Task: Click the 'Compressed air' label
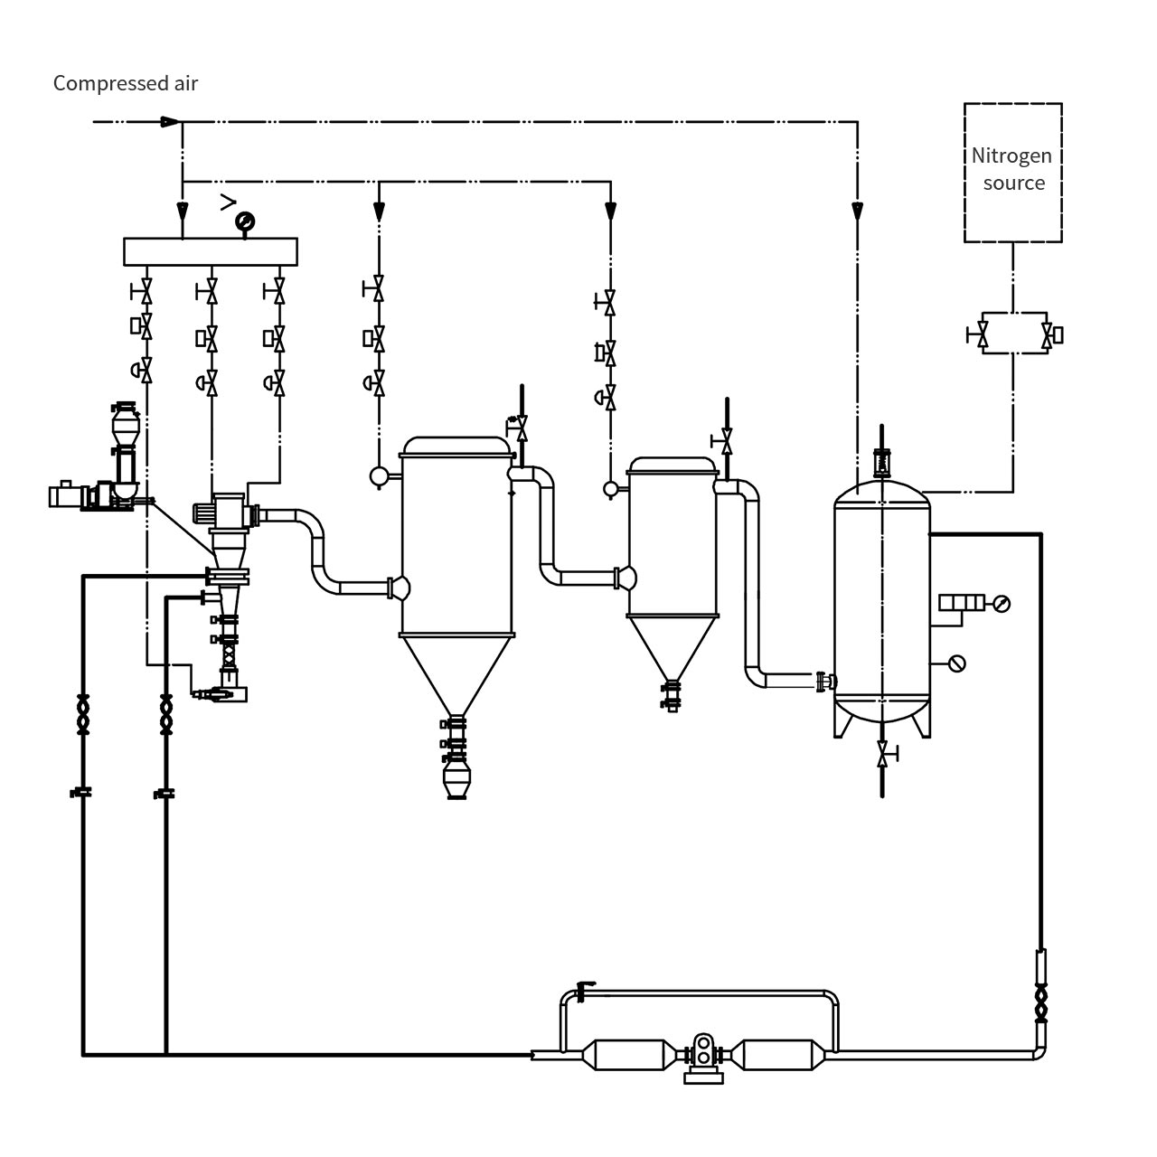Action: click(x=125, y=83)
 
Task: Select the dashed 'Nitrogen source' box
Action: click(x=1012, y=172)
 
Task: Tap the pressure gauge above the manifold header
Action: click(x=243, y=221)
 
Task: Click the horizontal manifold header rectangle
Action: click(x=210, y=251)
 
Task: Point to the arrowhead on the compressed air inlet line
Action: click(x=169, y=122)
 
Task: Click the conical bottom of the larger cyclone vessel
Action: click(x=456, y=674)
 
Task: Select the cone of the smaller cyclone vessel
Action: click(x=672, y=647)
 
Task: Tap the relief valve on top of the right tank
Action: click(x=881, y=464)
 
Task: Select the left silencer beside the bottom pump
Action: click(x=629, y=1055)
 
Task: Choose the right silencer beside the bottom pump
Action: click(x=778, y=1055)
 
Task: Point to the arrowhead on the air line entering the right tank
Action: click(x=857, y=212)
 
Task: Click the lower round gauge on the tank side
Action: click(x=957, y=663)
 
